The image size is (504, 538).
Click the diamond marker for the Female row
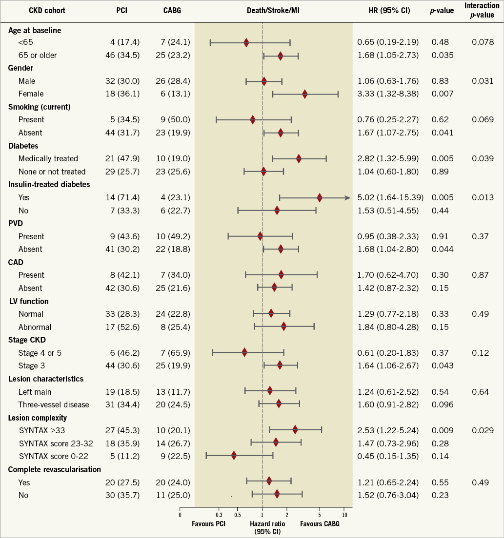[305, 94]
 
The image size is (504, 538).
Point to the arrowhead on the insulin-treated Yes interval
[347, 197]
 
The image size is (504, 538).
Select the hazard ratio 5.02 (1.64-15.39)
[390, 197]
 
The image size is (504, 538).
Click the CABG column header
[172, 11]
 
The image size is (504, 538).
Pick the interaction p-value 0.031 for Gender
[483, 81]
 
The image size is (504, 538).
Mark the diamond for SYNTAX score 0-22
[234, 456]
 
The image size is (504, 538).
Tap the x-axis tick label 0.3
[219, 515]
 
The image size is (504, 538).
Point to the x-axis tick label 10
[344, 515]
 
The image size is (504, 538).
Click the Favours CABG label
[320, 523]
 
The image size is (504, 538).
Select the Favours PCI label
[209, 523]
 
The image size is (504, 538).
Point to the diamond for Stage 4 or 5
[244, 352]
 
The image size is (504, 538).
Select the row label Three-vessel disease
[54, 404]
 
